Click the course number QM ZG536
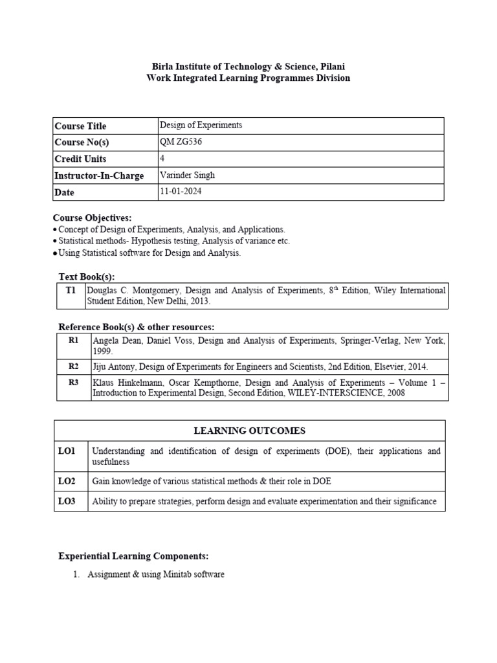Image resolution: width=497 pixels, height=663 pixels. point(181,142)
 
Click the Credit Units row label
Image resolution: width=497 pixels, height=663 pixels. point(80,159)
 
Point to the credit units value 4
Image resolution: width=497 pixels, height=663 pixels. point(162,159)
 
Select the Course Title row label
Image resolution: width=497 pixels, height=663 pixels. point(80,126)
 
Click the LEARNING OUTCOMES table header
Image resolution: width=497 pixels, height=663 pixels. point(249,431)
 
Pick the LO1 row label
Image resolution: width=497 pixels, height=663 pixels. point(67,451)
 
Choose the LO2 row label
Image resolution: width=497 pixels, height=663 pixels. point(67,481)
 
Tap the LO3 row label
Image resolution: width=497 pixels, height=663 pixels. point(67,501)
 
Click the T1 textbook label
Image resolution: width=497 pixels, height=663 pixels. point(71,291)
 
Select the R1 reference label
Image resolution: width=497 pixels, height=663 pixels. point(74,340)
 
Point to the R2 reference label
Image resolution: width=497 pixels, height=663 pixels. point(74,366)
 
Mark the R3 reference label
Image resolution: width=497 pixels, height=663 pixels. point(74,383)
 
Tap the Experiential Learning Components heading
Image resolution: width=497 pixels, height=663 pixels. point(134,556)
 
